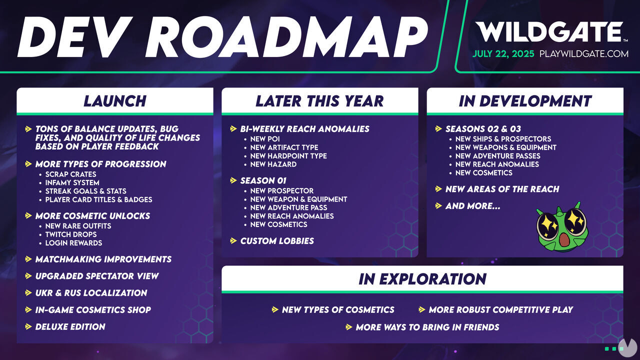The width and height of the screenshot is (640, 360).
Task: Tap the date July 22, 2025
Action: (x=503, y=53)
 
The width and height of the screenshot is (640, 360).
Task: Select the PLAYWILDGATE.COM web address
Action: (x=583, y=53)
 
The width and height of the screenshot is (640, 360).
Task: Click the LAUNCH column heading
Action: (x=115, y=101)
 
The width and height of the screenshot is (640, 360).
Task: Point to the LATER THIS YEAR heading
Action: (x=319, y=101)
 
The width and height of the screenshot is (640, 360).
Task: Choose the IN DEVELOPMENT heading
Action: (x=525, y=101)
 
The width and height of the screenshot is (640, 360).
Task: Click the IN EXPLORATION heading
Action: (x=422, y=279)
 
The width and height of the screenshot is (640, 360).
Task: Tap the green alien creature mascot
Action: (x=561, y=227)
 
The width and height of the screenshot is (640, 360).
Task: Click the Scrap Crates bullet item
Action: (x=70, y=174)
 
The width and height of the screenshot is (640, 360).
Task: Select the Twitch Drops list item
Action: (x=71, y=234)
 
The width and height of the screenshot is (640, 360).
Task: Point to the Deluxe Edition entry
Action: (x=70, y=326)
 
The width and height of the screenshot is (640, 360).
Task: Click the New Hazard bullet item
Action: (x=273, y=164)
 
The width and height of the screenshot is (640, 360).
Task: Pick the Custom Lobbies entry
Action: (x=277, y=241)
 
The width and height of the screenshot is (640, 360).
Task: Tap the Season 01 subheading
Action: (x=263, y=180)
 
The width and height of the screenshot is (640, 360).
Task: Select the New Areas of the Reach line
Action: (x=502, y=189)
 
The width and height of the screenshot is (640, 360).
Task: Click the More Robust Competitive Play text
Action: (x=501, y=309)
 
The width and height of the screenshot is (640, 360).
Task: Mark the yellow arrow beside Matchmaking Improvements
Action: (x=28, y=259)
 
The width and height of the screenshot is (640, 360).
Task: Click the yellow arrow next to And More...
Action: (x=438, y=205)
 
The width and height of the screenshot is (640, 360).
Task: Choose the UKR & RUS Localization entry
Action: (x=91, y=293)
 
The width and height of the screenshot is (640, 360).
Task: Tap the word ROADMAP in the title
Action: (x=287, y=36)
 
